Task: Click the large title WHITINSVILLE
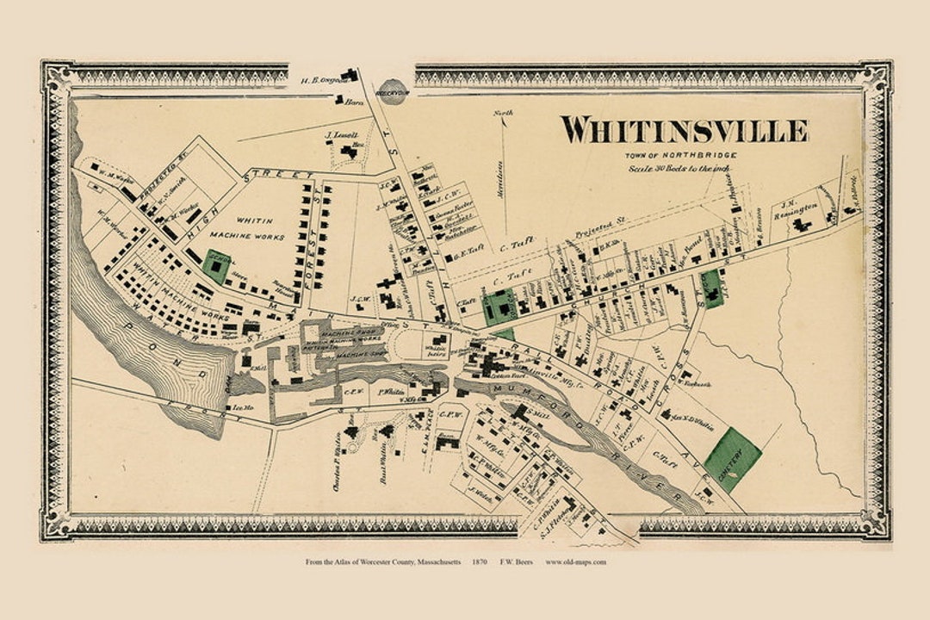coord(685,130)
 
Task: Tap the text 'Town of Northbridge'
coord(680,155)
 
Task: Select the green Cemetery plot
coord(732,459)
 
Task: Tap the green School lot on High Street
coord(216,267)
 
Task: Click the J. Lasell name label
coord(341,136)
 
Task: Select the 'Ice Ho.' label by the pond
coord(240,407)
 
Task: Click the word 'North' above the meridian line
coord(503,113)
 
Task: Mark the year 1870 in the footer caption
coord(480,562)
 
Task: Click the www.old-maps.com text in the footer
coord(575,562)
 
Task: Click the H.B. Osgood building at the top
coord(349,76)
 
